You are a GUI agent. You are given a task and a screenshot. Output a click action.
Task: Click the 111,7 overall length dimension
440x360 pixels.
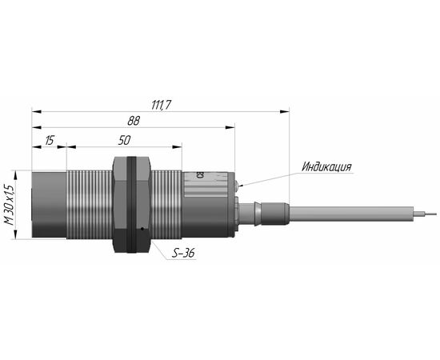coord(161,106)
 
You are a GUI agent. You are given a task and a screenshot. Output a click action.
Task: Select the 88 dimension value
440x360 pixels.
coord(134,121)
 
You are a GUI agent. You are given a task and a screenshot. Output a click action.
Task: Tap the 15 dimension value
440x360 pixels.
coord(49,140)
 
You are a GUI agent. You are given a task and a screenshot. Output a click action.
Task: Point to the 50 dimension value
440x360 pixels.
coord(124,140)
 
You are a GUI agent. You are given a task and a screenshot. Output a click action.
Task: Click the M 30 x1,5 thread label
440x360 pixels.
coord(10,205)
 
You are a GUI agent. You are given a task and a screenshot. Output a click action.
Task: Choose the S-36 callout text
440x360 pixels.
coord(183,254)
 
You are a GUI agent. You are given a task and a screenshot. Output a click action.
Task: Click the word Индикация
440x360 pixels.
coord(326,166)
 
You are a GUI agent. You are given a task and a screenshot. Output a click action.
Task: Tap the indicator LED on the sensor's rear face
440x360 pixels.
coord(236,186)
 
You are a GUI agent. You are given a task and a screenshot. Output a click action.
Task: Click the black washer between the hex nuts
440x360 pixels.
coord(131,205)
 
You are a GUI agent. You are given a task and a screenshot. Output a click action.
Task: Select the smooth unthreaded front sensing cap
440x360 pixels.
coord(49,205)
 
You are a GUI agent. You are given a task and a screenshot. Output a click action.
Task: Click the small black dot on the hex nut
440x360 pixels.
coord(142,229)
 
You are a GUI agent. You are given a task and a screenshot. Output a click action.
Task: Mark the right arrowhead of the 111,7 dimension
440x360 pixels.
coord(285,112)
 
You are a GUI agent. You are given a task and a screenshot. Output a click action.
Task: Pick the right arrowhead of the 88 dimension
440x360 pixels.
coord(230,128)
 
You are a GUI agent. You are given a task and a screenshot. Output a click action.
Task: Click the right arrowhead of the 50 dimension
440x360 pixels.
coord(178,146)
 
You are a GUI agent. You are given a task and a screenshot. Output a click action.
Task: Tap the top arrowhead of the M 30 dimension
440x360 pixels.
coord(16,175)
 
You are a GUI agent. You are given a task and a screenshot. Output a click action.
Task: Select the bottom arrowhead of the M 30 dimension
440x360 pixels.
coord(16,234)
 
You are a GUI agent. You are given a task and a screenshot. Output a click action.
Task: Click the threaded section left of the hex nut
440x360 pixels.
coord(90,205)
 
